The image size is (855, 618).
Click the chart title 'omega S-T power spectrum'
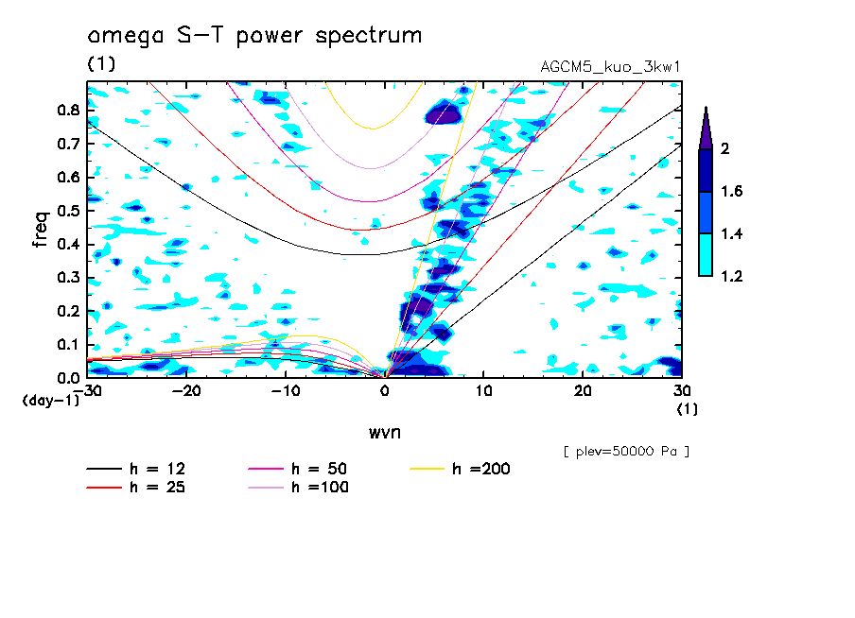(254, 36)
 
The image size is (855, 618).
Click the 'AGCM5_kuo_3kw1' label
(610, 67)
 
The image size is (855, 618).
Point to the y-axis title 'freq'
(41, 230)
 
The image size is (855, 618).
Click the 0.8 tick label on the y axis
(67, 110)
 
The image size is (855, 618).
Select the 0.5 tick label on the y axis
(67, 211)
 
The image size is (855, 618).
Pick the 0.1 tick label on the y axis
(67, 344)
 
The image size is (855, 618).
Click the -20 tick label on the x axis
(186, 390)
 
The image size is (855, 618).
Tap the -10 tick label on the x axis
(286, 390)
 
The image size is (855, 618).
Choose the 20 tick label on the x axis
(583, 390)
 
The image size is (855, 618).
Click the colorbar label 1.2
(731, 276)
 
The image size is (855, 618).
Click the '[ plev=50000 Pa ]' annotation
(625, 452)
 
